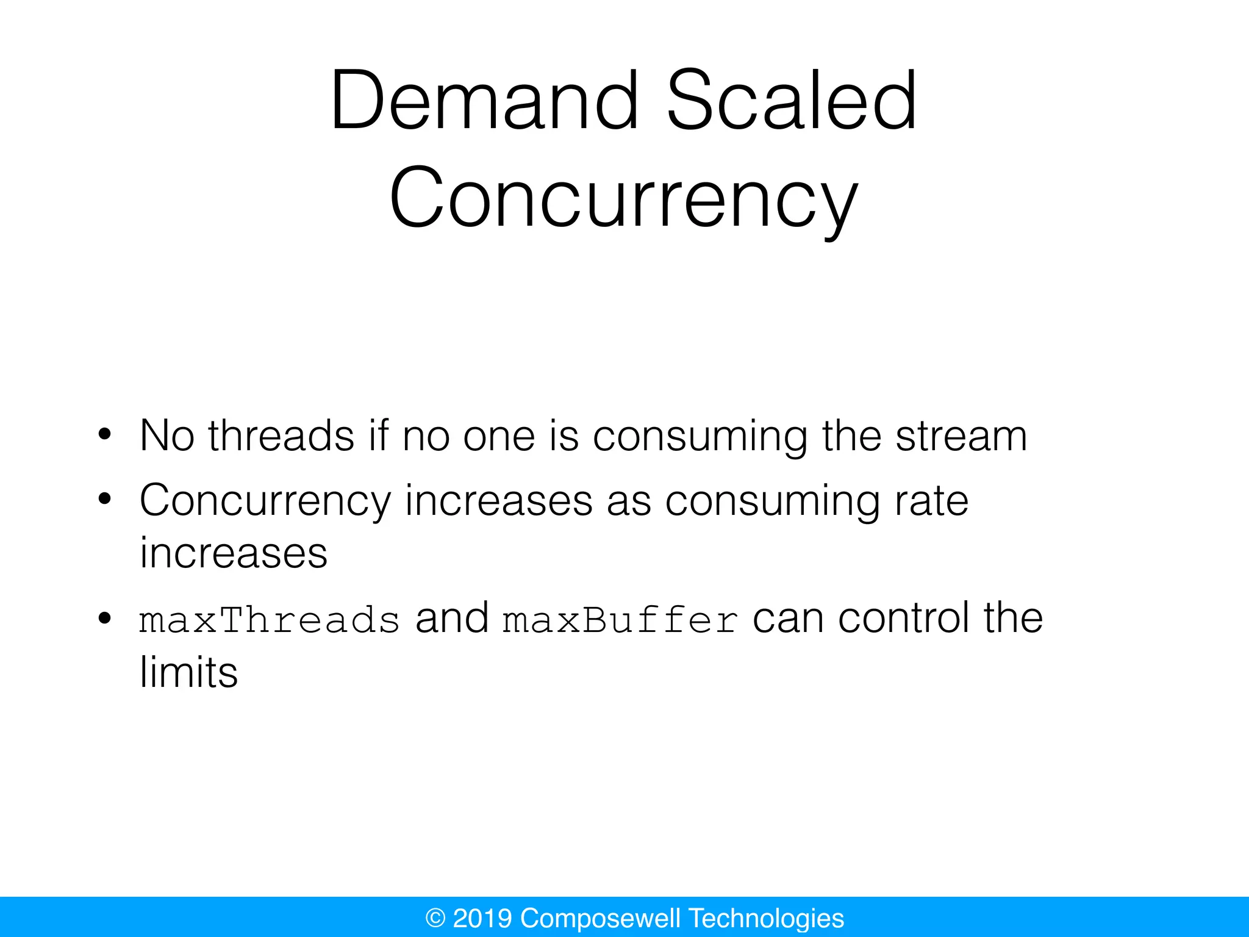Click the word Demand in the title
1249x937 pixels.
485,101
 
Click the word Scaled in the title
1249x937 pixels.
792,101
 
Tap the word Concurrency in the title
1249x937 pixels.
623,198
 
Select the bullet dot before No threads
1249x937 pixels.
105,435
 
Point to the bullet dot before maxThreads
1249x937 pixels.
105,619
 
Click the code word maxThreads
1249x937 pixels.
270,620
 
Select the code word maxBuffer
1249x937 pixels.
620,620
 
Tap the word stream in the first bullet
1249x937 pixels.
961,436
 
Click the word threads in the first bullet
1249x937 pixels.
281,436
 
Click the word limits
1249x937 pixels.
188,672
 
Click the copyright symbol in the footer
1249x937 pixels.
435,918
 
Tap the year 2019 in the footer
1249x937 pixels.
482,918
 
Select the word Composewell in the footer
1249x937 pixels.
600,918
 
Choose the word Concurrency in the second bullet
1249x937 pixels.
265,501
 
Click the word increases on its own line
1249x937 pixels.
234,553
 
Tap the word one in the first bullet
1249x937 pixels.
499,436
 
